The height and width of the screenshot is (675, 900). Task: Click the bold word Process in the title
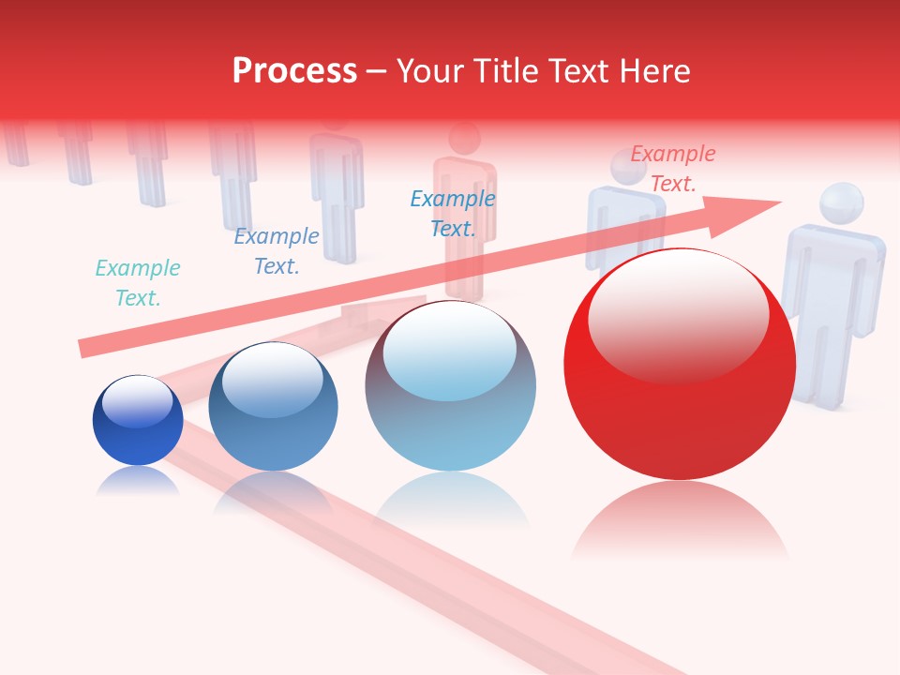point(294,71)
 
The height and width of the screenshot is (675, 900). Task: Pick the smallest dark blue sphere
point(138,422)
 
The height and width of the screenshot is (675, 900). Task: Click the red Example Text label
point(672,169)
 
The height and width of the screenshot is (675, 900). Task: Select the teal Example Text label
point(138,283)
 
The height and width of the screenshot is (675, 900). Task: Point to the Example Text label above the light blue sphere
point(453,213)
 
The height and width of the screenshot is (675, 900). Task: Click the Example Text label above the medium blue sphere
point(277,251)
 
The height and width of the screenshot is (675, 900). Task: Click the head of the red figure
point(464,139)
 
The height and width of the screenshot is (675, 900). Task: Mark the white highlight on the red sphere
point(678,314)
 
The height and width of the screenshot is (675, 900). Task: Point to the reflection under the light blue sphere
point(451,502)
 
